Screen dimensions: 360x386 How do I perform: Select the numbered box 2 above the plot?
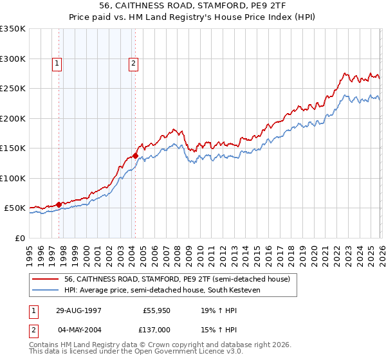(x=133, y=63)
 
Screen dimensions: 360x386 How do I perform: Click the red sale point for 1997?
(x=59, y=204)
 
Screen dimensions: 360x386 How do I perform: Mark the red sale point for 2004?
(x=136, y=156)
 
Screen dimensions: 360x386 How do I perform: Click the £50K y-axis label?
(x=15, y=208)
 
